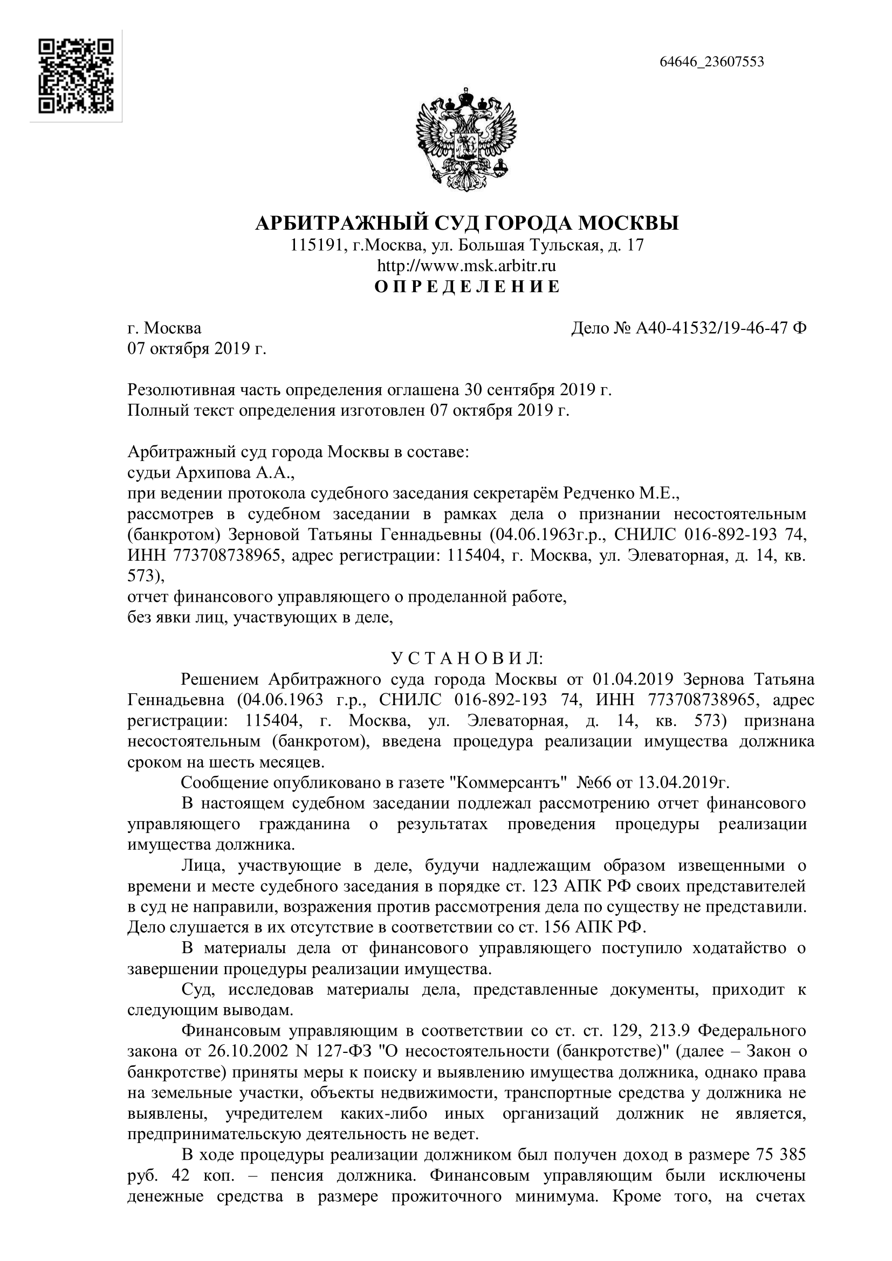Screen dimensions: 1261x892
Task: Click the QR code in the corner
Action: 76,76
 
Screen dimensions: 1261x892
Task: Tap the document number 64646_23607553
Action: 711,61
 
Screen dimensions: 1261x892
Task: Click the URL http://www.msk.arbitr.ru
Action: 466,266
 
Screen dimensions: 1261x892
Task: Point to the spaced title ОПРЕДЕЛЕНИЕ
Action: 467,287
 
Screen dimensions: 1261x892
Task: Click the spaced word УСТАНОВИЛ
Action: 467,658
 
